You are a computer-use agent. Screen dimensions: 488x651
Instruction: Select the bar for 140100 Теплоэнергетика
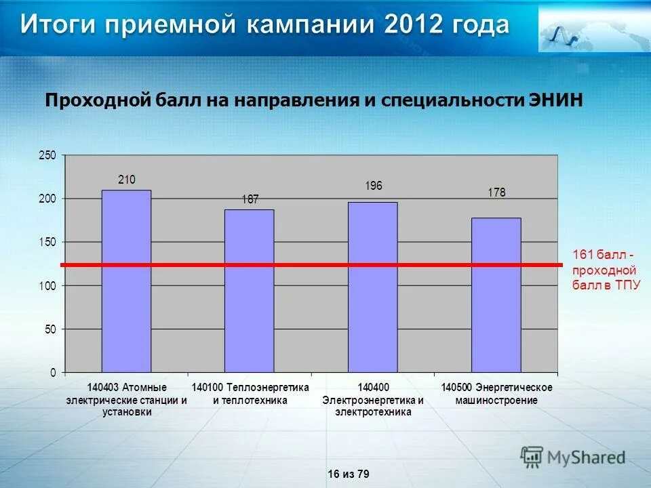point(250,291)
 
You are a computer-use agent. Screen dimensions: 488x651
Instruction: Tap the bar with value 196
point(373,287)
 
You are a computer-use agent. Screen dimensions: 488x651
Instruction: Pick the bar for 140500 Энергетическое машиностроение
point(496,296)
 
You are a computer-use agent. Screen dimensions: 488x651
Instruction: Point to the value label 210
point(127,180)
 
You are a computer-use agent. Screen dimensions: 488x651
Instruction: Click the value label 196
point(374,186)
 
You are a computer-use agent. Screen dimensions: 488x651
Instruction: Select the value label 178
point(496,192)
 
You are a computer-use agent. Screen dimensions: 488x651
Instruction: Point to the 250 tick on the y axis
point(47,155)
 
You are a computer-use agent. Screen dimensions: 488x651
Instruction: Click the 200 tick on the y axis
point(47,199)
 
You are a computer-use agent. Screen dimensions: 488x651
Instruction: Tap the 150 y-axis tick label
point(47,242)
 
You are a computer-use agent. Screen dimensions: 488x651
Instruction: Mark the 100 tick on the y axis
point(47,286)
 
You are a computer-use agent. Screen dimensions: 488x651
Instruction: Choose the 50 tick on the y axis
point(50,329)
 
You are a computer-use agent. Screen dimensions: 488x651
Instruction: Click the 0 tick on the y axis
point(52,373)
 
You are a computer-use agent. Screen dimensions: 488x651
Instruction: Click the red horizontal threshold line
point(312,265)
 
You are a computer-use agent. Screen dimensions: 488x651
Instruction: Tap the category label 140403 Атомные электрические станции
point(127,399)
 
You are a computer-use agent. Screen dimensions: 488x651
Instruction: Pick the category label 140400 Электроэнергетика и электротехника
point(373,399)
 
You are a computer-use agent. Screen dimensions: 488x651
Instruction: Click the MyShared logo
point(573,457)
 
